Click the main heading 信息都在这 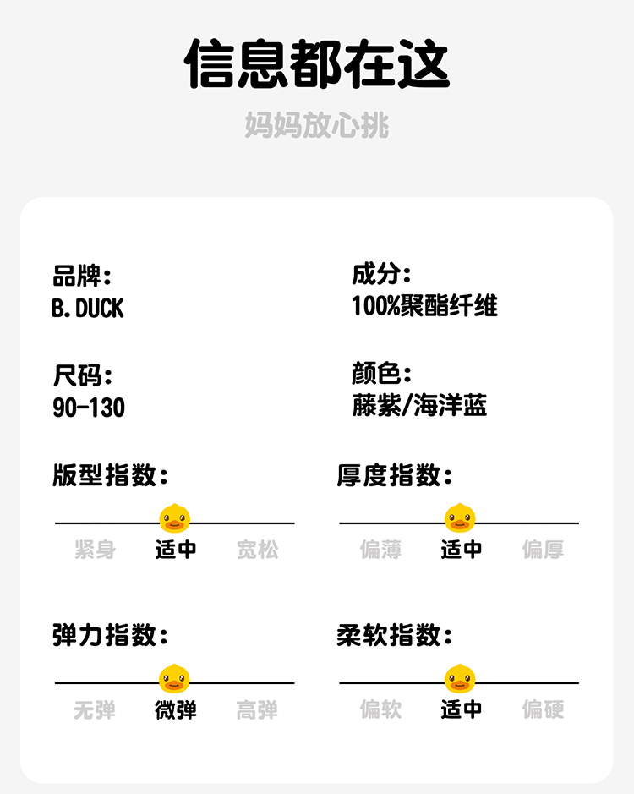point(317,64)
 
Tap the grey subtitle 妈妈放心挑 point(317,125)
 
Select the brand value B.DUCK point(87,309)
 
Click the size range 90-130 point(89,408)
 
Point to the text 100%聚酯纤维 point(424,306)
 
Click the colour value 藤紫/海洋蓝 point(419,405)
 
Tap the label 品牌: point(82,276)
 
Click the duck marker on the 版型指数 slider point(175,517)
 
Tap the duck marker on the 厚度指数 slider point(460,517)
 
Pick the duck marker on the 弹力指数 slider point(175,677)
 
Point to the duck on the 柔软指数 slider point(460,677)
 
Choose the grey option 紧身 point(95,550)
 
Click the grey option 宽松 point(257,550)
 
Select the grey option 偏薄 point(380,550)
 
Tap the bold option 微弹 point(176,709)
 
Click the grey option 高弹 point(257,709)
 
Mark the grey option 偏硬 point(543,709)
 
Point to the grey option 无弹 point(95,709)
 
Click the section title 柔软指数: point(395,635)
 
